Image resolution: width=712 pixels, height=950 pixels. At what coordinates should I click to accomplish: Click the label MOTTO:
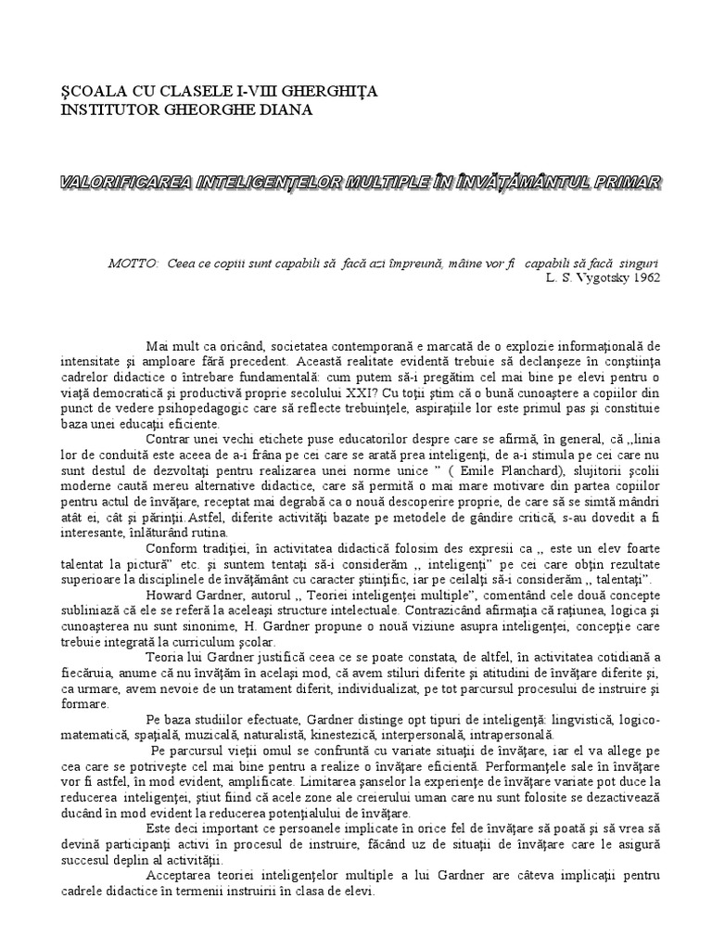[133, 263]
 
